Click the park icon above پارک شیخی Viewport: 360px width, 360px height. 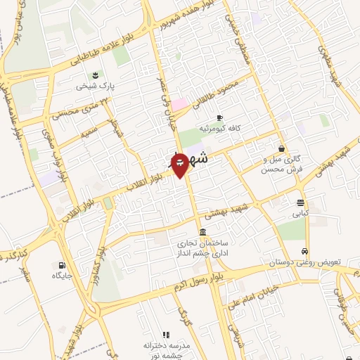[94, 74]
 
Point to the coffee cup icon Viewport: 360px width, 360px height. [219, 117]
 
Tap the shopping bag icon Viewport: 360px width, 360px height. [282, 148]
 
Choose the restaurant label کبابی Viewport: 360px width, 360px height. [300, 212]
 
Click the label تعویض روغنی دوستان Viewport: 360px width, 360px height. [304, 262]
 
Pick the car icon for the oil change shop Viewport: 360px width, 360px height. [304, 250]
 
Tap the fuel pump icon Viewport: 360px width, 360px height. [63, 265]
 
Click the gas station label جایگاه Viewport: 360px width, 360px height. [63, 276]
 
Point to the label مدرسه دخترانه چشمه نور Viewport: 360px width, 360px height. [167, 350]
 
